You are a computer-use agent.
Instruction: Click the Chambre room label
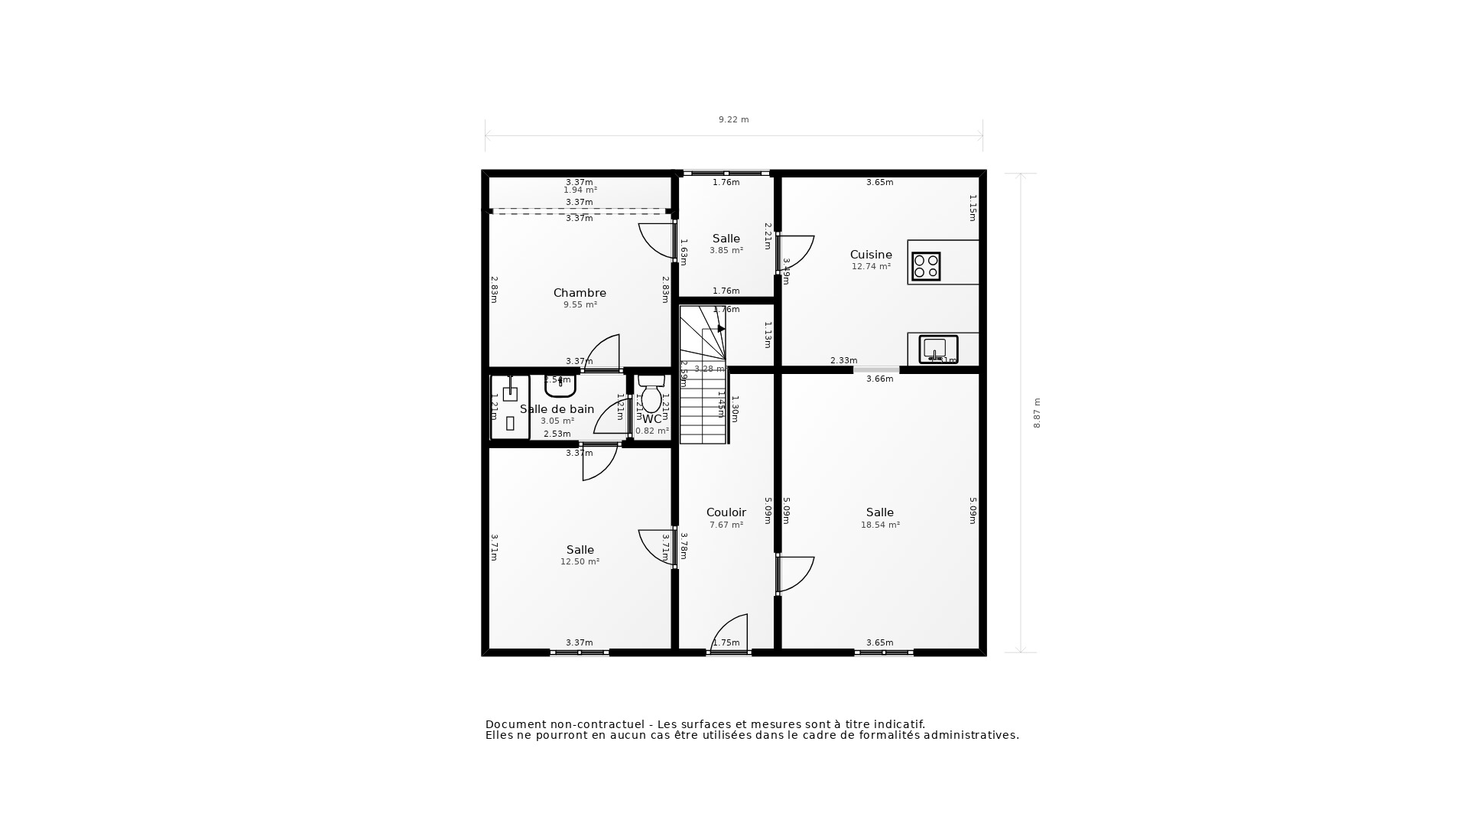580,293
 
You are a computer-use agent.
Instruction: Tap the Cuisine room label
871,255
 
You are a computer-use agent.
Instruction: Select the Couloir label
726,512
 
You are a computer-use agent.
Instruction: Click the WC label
652,419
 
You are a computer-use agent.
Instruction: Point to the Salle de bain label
557,409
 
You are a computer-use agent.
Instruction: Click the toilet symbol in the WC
651,395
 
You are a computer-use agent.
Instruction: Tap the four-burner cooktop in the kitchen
926,266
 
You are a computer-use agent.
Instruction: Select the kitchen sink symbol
938,349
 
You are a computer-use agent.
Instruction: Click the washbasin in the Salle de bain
560,385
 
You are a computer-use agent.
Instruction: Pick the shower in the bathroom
510,407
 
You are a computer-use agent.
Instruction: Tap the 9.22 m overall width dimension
733,119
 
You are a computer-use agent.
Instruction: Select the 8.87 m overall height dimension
1038,413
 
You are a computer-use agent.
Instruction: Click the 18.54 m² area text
880,525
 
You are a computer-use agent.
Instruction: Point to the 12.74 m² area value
871,267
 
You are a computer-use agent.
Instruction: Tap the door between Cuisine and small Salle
795,253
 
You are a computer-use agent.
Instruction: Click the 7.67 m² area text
726,525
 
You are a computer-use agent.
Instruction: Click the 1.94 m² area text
580,190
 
